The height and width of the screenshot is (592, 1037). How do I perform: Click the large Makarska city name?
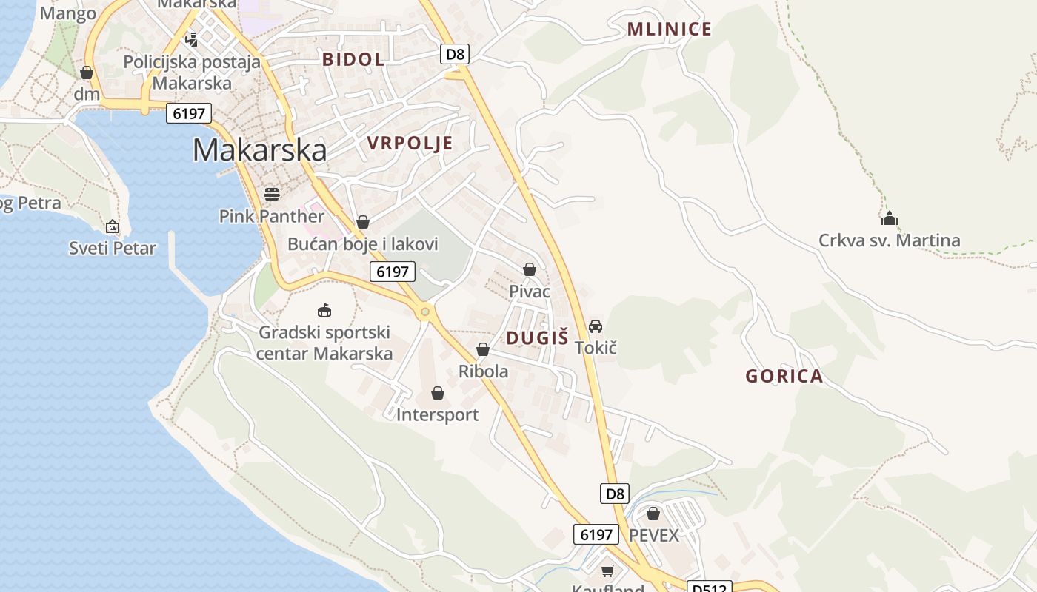click(x=259, y=150)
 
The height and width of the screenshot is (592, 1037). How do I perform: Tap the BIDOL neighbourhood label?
click(x=353, y=59)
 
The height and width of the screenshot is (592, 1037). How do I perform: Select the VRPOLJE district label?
click(x=410, y=143)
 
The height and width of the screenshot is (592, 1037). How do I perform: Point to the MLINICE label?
click(x=669, y=30)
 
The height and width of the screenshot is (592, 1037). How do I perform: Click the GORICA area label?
click(x=784, y=376)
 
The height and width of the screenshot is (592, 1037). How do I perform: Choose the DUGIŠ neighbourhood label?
click(x=537, y=338)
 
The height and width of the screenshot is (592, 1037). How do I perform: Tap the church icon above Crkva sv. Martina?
click(x=889, y=218)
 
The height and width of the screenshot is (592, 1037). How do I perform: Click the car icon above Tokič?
click(x=596, y=326)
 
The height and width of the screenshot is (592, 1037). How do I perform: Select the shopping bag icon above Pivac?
click(x=530, y=269)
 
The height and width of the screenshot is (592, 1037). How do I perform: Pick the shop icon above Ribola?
click(x=483, y=349)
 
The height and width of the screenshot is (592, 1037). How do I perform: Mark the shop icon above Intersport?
click(x=438, y=393)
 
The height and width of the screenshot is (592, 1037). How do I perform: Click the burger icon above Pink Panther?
click(x=272, y=195)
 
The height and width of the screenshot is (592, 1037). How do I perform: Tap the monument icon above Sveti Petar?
click(x=113, y=226)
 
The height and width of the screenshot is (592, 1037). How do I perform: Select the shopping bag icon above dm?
click(x=87, y=73)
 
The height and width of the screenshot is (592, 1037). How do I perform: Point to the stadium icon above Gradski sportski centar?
click(x=324, y=311)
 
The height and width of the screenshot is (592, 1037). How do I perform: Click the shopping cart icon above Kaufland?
click(x=607, y=571)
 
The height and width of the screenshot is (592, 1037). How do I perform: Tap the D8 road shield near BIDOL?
click(x=456, y=53)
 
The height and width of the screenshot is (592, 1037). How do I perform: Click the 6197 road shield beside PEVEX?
click(x=596, y=534)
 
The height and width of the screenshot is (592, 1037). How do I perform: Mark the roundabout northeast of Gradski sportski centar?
click(x=424, y=312)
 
